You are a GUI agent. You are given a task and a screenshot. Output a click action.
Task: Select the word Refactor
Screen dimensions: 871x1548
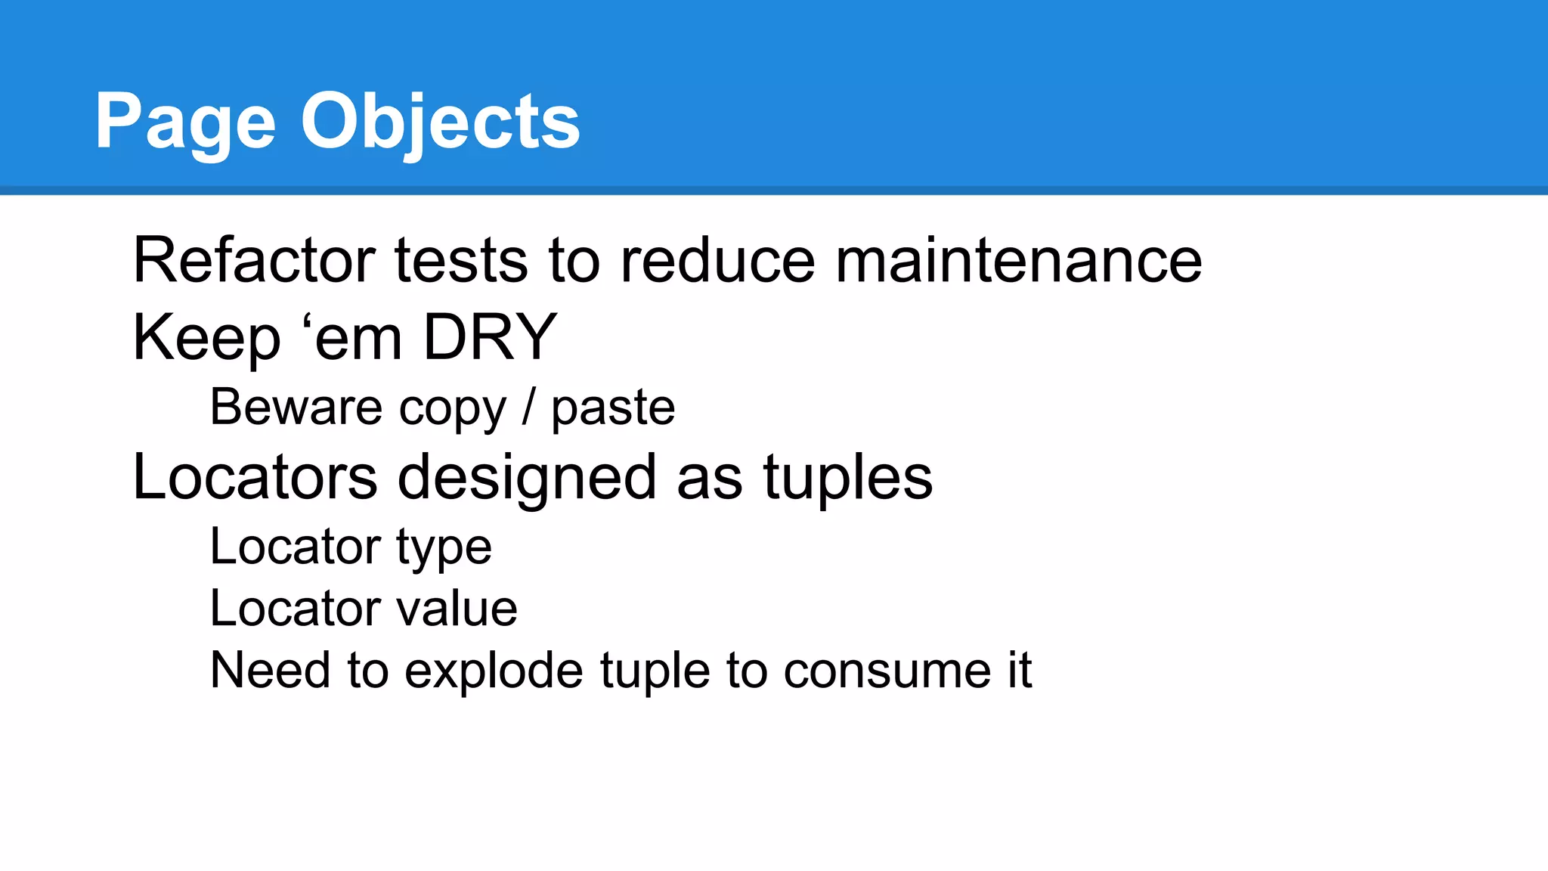click(x=254, y=260)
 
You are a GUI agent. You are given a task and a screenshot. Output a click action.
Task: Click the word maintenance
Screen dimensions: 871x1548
click(x=1018, y=260)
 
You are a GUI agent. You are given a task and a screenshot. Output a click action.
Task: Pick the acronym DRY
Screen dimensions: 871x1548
click(x=490, y=337)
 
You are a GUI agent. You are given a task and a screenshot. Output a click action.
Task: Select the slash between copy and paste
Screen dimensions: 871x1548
click(x=528, y=408)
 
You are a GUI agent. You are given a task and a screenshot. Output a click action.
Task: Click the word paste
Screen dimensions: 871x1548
click(x=613, y=408)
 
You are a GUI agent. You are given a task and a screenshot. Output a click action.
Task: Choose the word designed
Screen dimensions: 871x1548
click(x=527, y=478)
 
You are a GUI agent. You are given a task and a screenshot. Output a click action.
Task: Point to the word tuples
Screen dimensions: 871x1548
click(x=848, y=478)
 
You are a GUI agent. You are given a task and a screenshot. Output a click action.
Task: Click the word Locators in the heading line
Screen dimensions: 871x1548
click(x=255, y=478)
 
